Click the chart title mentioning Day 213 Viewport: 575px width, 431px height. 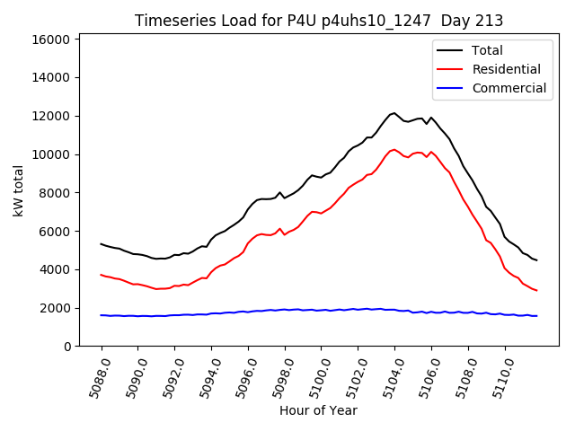[319, 21]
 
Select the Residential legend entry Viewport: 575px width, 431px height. [506, 69]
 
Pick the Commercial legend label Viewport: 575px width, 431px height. [509, 88]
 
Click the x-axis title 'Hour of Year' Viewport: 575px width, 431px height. [319, 410]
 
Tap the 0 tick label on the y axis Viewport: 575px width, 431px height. [67, 347]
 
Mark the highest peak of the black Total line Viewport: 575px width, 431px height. [394, 113]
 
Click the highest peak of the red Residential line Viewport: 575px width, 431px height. [394, 149]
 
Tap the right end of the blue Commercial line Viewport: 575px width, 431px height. [536, 315]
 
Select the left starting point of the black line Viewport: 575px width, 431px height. [102, 243]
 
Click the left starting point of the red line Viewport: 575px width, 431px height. [102, 275]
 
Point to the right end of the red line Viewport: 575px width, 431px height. [536, 290]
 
